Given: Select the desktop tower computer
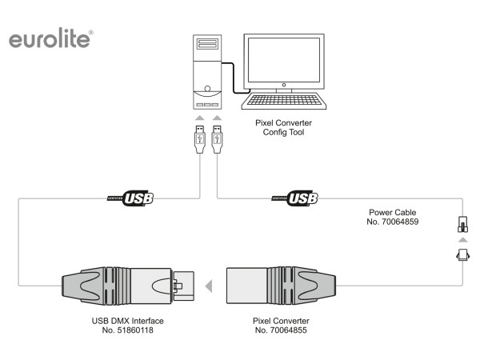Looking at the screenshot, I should [207, 71].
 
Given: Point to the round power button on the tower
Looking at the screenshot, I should [207, 89].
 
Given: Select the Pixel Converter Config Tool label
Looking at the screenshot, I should [283, 127].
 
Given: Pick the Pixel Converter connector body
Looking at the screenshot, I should [280, 284].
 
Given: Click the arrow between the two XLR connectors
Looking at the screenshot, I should [208, 284].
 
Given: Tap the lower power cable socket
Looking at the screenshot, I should [461, 256].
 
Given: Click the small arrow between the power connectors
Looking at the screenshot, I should [461, 241].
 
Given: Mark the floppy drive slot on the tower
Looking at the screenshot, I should [207, 44].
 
